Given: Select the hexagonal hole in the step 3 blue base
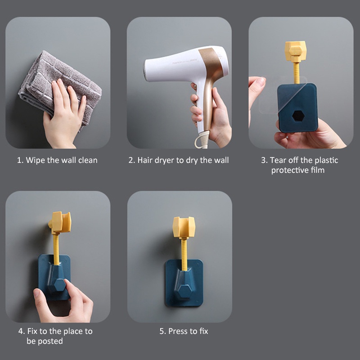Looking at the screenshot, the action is [x=298, y=116].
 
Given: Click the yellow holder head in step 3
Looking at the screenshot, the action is [x=296, y=51].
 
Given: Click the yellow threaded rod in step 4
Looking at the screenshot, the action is [x=56, y=249].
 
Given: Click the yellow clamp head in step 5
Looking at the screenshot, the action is [x=184, y=227].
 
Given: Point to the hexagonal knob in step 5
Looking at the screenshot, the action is [x=184, y=292].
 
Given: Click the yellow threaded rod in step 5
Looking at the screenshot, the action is [x=184, y=254].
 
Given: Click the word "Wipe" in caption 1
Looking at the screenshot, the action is [x=36, y=160].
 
